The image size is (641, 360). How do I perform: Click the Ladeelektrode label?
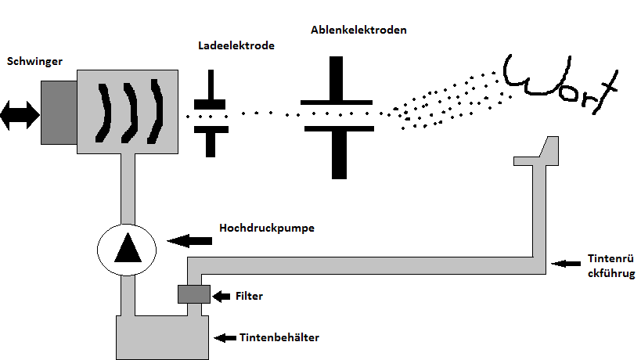click(x=236, y=46)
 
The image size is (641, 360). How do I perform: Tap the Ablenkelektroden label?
click(x=358, y=31)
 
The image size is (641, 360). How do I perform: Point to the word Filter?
click(x=249, y=297)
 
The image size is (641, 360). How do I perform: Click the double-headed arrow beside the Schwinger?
click(x=20, y=114)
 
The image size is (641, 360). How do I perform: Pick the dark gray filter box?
click(x=193, y=294)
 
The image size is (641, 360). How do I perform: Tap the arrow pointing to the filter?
click(x=221, y=296)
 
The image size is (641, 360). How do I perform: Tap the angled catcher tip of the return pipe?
click(x=551, y=147)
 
